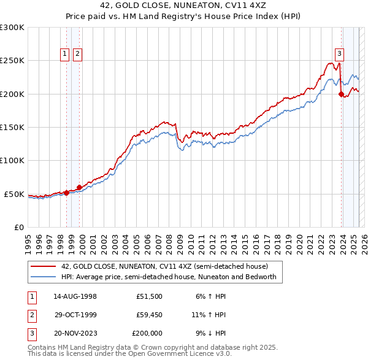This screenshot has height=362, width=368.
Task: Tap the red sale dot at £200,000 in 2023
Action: [x=341, y=94]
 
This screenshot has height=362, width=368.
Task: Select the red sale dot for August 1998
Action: [x=66, y=193]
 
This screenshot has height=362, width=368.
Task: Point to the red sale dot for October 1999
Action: [x=79, y=187]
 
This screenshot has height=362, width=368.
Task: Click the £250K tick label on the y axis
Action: [x=12, y=61]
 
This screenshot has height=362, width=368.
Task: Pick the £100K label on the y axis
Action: [x=12, y=160]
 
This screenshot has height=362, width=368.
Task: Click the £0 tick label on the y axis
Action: [x=18, y=227]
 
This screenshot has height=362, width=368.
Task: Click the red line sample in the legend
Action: [x=43, y=267]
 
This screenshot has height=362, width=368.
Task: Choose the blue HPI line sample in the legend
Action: [x=43, y=277]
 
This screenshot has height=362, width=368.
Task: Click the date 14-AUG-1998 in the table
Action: [x=75, y=296]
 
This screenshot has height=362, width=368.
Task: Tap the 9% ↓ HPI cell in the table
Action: [x=210, y=334]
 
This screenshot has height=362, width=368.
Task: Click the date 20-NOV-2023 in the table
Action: [x=75, y=334]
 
